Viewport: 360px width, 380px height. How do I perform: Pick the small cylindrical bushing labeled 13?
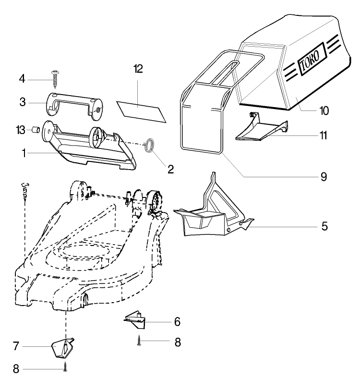click(35, 130)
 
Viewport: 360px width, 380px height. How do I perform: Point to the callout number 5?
click(324, 225)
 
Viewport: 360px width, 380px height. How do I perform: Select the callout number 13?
click(20, 130)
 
